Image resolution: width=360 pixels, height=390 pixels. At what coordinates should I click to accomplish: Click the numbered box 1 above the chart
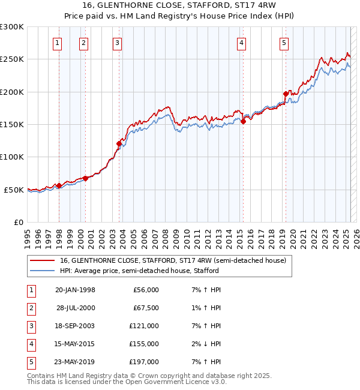(x=57, y=43)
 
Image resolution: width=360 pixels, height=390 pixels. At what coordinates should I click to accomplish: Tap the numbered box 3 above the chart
(x=117, y=43)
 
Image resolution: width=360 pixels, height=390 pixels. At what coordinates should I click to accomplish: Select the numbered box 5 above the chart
(x=283, y=43)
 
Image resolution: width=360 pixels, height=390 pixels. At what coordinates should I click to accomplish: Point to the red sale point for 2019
(x=286, y=94)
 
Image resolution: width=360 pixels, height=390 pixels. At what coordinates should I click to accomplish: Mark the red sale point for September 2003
(x=119, y=143)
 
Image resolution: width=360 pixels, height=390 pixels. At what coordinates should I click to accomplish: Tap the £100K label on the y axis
(x=12, y=157)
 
